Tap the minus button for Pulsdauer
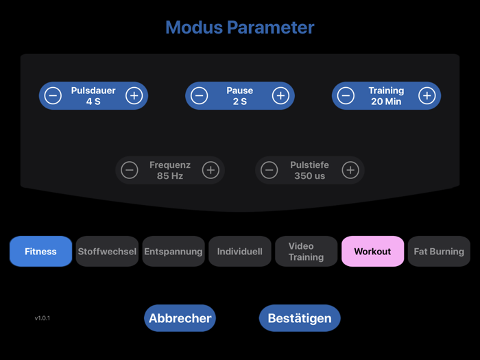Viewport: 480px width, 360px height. pyautogui.click(x=53, y=96)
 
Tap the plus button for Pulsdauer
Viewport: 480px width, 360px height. pyautogui.click(x=134, y=96)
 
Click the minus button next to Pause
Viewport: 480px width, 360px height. pyautogui.click(x=200, y=96)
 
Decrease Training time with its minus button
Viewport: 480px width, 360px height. pyautogui.click(x=346, y=96)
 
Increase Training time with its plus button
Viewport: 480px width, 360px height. pyautogui.click(x=427, y=96)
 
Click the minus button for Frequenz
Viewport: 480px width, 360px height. pyautogui.click(x=130, y=170)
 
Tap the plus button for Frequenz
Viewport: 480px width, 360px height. pyautogui.click(x=211, y=170)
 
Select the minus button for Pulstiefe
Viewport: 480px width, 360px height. pyautogui.click(x=269, y=170)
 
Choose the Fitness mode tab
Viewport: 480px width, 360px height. pyautogui.click(x=40, y=252)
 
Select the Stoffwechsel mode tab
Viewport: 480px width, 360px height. pyautogui.click(x=107, y=252)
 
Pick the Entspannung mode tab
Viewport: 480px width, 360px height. pyautogui.click(x=173, y=252)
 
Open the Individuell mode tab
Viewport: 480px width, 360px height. pyautogui.click(x=240, y=252)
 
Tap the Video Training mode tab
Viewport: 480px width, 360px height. pyautogui.click(x=306, y=252)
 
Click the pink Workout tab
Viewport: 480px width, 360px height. pyautogui.click(x=372, y=252)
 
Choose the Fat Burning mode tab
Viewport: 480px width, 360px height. pyautogui.click(x=439, y=252)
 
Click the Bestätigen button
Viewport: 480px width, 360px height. pyautogui.click(x=300, y=318)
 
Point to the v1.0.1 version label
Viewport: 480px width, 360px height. pyautogui.click(x=43, y=318)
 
